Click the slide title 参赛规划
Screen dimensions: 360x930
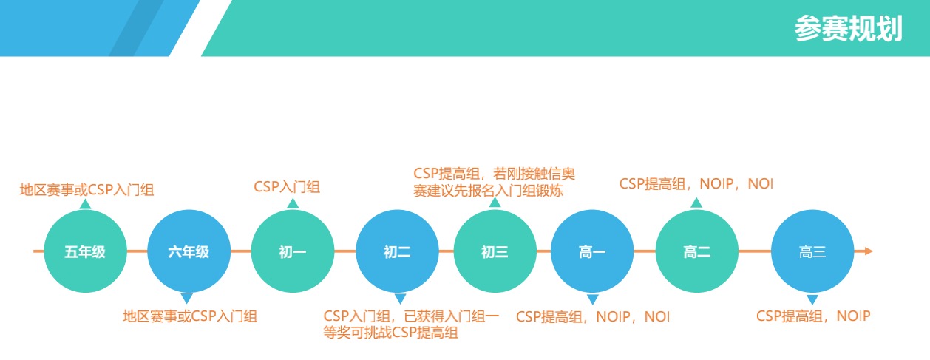(848, 29)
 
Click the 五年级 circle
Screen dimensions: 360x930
(85, 252)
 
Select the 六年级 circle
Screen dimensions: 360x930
(189, 252)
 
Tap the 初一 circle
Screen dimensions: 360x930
(293, 252)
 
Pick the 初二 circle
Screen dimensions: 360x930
(397, 252)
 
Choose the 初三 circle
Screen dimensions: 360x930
(495, 252)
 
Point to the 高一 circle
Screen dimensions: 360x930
(592, 252)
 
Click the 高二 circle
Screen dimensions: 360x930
(696, 252)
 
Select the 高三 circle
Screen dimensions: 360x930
(812, 252)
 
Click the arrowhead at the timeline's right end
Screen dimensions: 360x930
(868, 251)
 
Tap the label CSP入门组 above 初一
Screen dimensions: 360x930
(287, 186)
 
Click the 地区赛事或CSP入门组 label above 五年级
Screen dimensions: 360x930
(86, 190)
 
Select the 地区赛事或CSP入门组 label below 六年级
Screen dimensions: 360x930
(190, 316)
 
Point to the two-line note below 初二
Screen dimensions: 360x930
(411, 325)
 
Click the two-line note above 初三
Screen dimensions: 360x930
(494, 182)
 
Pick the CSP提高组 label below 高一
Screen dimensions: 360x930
(591, 316)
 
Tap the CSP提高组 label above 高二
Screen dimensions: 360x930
(695, 184)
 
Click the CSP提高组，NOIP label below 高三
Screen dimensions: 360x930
(812, 316)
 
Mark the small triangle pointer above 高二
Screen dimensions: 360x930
(696, 203)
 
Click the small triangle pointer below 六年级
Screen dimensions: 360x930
(187, 299)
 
